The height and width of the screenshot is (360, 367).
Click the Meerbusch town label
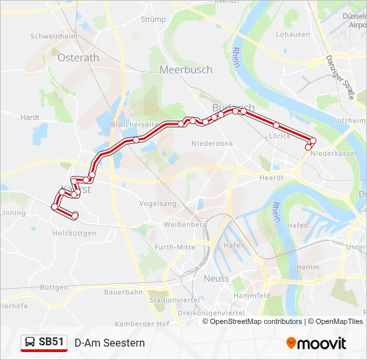coord(186,69)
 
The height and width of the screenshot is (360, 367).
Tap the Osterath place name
coord(78,57)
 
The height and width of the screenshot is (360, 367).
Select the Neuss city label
coord(216,279)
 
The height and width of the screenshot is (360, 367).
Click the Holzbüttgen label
coord(74,233)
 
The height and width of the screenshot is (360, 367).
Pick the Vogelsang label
coord(157,203)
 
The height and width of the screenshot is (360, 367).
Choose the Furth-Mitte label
coord(175,247)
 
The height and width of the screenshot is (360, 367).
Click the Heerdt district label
coord(272,178)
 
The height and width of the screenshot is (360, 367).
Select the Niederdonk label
coord(212,143)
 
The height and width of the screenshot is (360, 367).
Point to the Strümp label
coord(153,19)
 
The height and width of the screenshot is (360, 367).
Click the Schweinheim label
coord(54,36)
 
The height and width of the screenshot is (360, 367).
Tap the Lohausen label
coord(293,34)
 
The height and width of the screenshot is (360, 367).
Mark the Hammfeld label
coord(252,295)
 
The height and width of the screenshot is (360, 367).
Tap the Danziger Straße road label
coord(340,77)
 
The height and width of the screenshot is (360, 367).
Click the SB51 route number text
coord(51,342)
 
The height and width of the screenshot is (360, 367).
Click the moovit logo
coord(316,343)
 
